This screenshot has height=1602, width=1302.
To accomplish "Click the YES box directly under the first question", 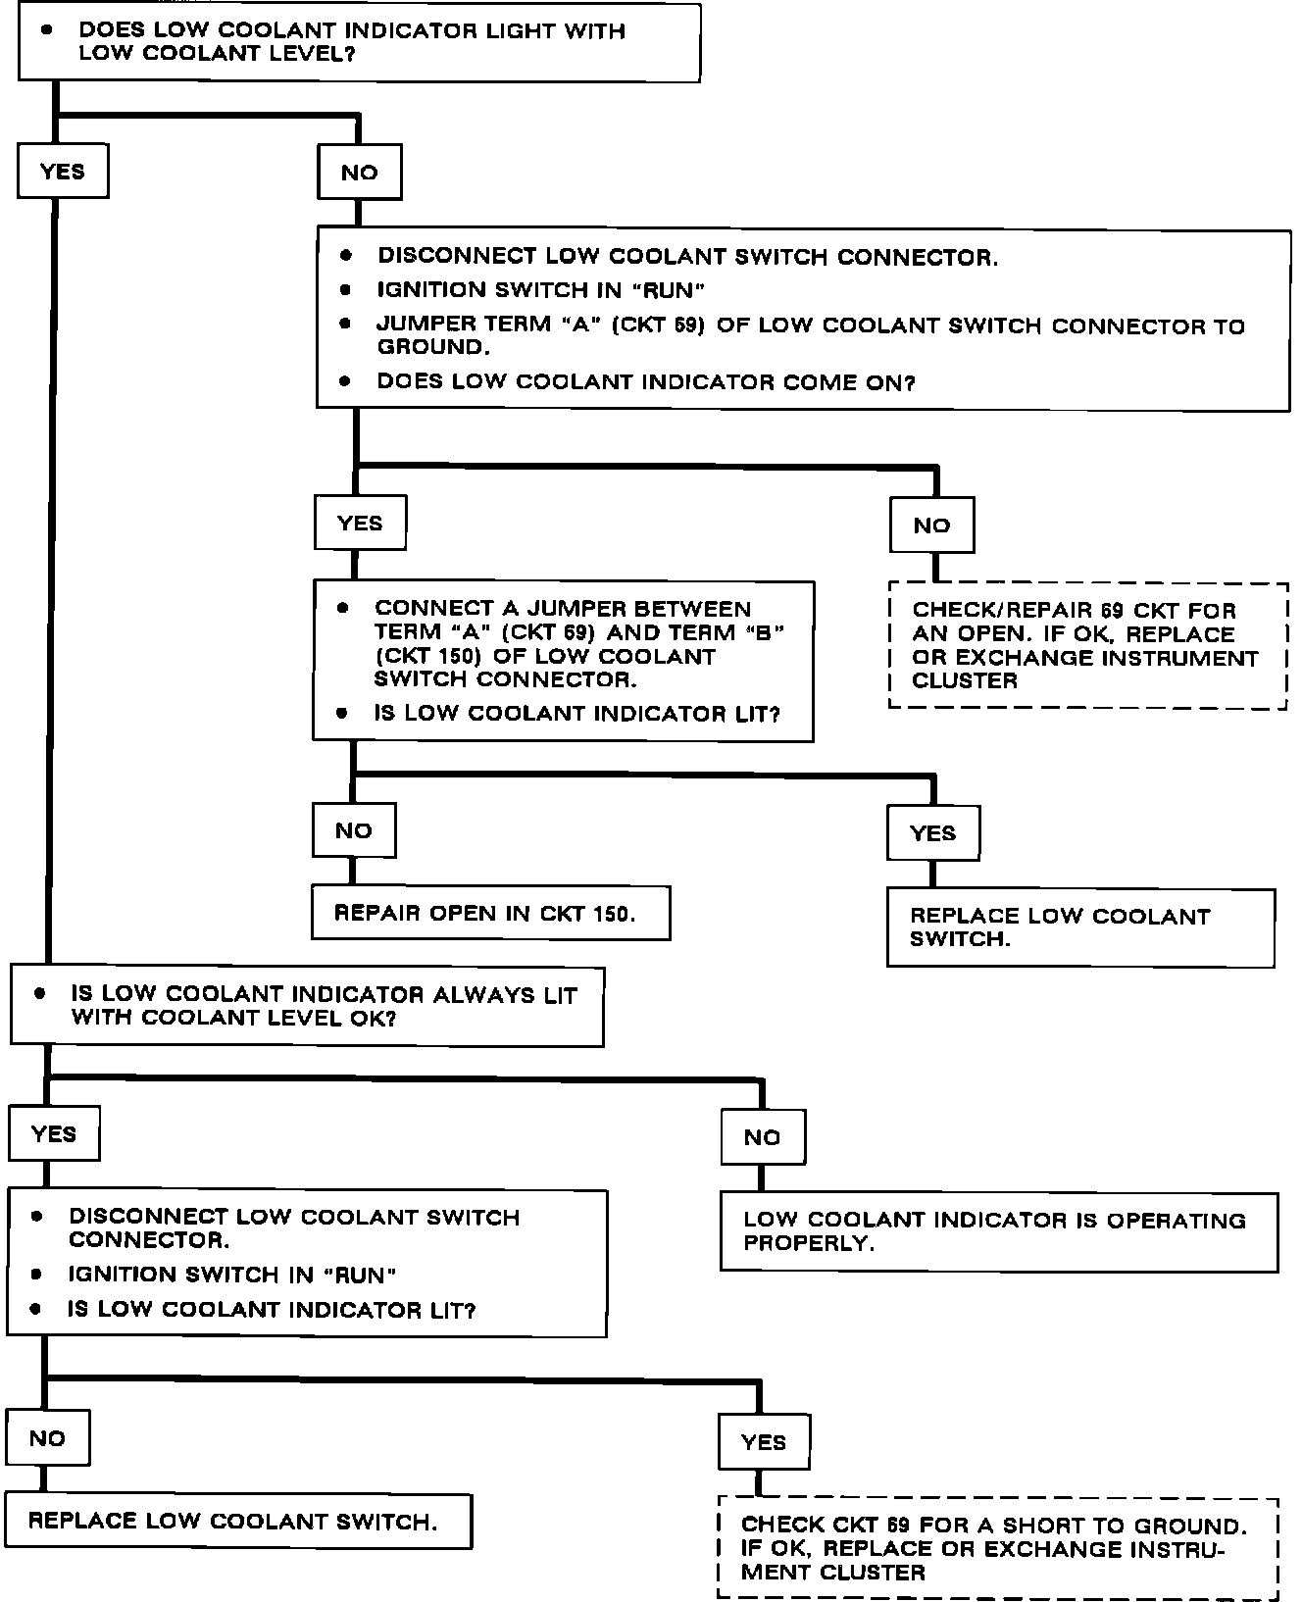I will (x=63, y=172).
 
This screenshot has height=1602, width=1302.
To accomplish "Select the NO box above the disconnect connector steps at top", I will (x=360, y=173).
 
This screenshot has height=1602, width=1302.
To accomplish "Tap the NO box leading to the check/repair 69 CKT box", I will (x=931, y=526).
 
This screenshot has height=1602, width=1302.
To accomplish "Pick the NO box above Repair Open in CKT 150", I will (x=354, y=831).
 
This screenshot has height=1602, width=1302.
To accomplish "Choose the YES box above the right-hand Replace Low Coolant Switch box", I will (x=932, y=833).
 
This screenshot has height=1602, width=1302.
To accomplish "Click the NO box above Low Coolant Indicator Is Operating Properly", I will (x=762, y=1137).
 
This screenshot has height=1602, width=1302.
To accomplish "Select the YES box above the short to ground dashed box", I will (x=764, y=1442).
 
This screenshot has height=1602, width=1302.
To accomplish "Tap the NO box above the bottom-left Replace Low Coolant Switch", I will (x=47, y=1438).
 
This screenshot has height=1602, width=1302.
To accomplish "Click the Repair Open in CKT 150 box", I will (x=490, y=914).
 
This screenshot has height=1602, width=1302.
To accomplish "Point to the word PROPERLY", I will (x=807, y=1243).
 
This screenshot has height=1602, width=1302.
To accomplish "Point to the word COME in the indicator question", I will (x=813, y=382).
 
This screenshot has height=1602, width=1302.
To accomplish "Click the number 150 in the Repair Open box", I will (x=614, y=914).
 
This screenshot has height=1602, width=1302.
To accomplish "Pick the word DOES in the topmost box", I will (x=111, y=30).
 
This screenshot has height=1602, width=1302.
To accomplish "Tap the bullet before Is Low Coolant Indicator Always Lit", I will (x=39, y=994).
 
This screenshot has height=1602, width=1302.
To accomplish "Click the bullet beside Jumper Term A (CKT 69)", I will (x=344, y=323).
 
